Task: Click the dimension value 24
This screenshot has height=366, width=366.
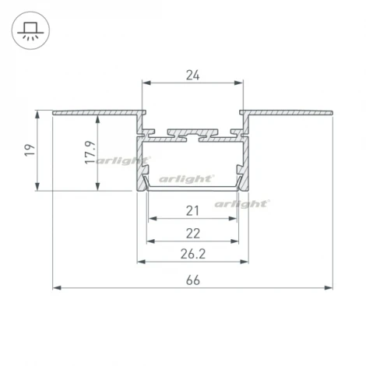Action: point(192,76)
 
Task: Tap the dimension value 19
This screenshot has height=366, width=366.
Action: point(30,150)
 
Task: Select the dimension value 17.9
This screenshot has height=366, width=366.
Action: point(90,153)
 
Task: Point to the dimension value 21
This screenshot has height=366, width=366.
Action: point(192,211)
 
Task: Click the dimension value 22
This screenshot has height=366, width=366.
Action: point(193,234)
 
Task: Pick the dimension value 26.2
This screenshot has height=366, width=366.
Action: point(193,254)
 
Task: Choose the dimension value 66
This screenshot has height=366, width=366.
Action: point(193,280)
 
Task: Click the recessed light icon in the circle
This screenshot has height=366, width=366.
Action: point(30,30)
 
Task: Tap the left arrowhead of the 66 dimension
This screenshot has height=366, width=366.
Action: point(57,287)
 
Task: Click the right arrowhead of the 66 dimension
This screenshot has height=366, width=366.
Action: point(329,287)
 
